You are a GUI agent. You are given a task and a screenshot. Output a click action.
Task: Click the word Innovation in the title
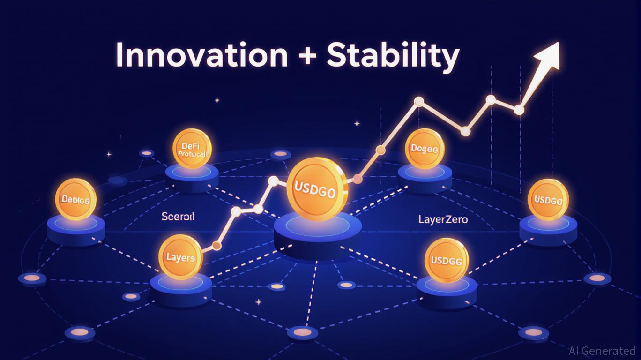pyautogui.click(x=201, y=55)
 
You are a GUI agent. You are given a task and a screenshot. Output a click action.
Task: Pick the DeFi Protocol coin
pyautogui.click(x=192, y=149)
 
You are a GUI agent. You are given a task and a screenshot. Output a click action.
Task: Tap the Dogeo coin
pyautogui.click(x=424, y=149)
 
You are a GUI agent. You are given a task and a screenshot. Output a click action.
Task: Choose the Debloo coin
pyautogui.click(x=75, y=199)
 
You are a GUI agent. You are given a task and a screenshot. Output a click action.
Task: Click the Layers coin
pyautogui.click(x=180, y=256)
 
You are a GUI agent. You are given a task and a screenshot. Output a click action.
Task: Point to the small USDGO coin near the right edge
pyautogui.click(x=548, y=199)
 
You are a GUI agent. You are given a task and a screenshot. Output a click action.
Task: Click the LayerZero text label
pyautogui.click(x=443, y=219)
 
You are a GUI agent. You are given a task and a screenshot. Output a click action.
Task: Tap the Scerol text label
pyautogui.click(x=178, y=217)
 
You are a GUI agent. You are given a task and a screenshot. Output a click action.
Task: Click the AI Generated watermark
pyautogui.click(x=602, y=351)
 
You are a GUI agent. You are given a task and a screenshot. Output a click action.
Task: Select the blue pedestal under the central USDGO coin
pyautogui.click(x=318, y=234)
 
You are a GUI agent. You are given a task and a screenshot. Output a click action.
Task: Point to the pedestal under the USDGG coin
pyautogui.click(x=447, y=290)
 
